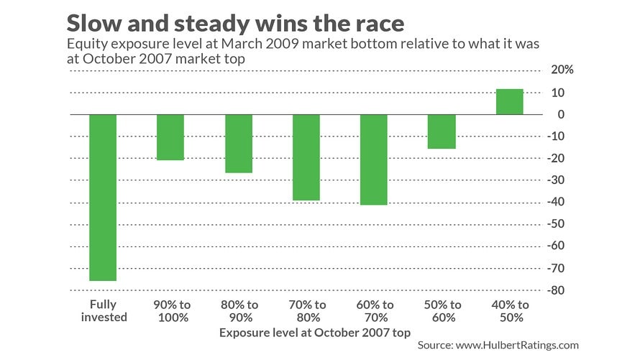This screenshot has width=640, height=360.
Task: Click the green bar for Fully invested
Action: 103,198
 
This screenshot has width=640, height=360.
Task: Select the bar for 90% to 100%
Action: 170,137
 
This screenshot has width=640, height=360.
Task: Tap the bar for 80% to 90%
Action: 239,144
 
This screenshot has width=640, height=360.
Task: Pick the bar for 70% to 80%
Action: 306,157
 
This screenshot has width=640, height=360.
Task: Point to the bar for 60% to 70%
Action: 374,160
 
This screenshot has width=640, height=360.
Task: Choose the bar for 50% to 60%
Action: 442,131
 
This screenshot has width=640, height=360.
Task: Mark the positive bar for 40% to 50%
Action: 509,102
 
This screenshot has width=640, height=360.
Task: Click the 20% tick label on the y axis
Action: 563,70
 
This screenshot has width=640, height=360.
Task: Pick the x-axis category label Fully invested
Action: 103,310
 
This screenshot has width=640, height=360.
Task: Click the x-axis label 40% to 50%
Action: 509,310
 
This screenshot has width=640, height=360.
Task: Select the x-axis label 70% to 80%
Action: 306,310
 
